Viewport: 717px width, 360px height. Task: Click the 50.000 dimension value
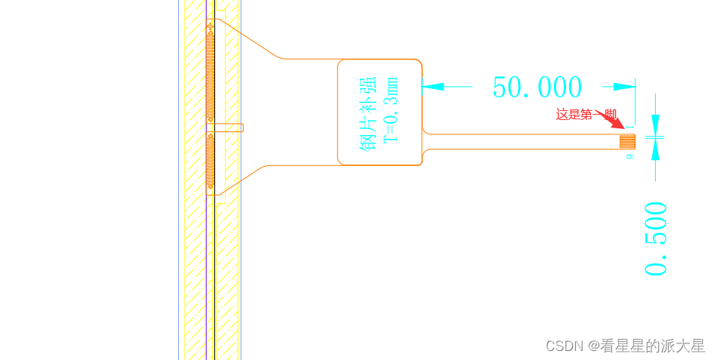[537, 88]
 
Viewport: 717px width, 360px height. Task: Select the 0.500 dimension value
[657, 238]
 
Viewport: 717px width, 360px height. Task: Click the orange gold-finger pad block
[627, 141]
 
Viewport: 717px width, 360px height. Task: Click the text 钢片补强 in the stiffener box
[368, 112]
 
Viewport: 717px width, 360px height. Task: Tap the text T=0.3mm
[390, 110]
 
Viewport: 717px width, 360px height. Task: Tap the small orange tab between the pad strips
[230, 128]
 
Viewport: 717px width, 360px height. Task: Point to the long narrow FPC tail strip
[521, 141]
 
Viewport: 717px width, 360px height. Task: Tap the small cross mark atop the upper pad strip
[211, 27]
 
